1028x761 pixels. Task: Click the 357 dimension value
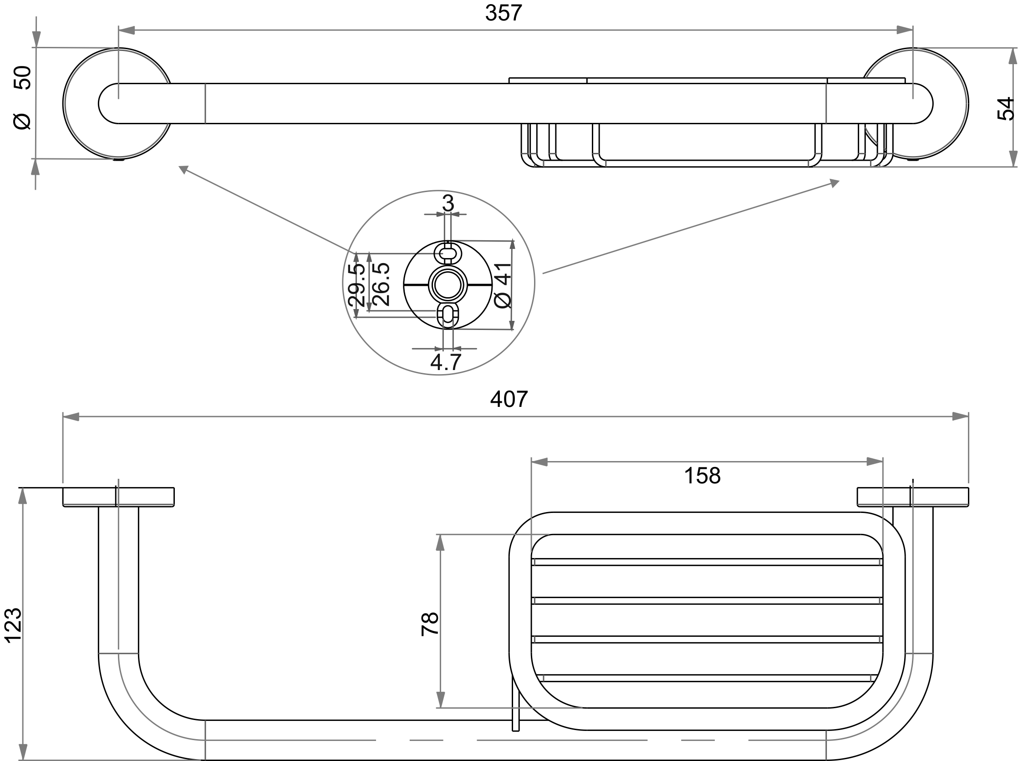pyautogui.click(x=503, y=13)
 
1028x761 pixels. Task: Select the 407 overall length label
pyautogui.click(x=509, y=399)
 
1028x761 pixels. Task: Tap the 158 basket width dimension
pyautogui.click(x=702, y=475)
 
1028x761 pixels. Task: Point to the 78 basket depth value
pyautogui.click(x=429, y=624)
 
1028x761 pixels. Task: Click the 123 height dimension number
pyautogui.click(x=13, y=625)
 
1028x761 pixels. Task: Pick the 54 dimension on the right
pyautogui.click(x=1006, y=109)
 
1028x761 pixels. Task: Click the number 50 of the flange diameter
pyautogui.click(x=23, y=77)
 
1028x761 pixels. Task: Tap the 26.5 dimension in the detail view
pyautogui.click(x=381, y=284)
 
